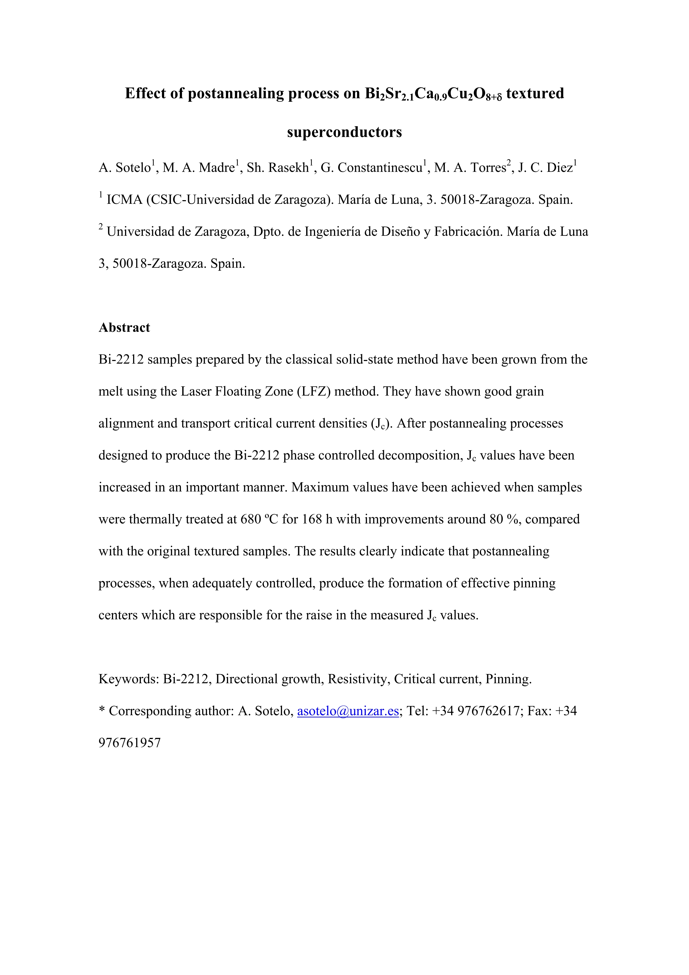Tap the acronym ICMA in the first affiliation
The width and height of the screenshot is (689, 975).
coord(124,200)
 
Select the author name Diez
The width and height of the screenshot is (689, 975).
coord(560,168)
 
